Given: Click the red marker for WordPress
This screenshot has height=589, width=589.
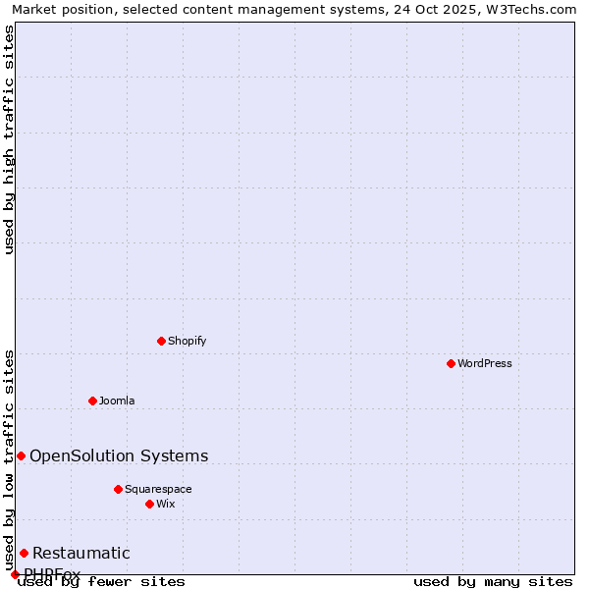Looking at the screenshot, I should point(451,363).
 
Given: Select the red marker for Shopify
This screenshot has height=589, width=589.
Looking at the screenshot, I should point(161,341).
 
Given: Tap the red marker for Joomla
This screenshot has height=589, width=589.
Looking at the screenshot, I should point(92,401).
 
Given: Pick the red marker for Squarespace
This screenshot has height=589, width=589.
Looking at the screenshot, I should point(118,489).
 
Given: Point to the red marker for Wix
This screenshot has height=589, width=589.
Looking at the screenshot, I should point(149,504).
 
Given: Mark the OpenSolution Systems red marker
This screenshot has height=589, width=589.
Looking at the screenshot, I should point(21,455).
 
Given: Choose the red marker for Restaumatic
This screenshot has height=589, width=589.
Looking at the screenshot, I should point(24,553).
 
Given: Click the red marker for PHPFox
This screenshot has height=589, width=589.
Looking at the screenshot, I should point(15,574).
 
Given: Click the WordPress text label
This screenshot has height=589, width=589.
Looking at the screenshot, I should point(485,363).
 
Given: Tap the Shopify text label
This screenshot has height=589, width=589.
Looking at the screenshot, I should point(187,341).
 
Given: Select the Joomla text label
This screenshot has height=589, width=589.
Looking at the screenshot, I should point(117,401).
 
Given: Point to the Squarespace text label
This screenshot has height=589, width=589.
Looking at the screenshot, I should point(158,489).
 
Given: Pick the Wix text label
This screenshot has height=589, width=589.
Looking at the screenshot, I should point(165,504).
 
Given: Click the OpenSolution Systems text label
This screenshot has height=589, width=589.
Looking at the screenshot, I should point(119,455).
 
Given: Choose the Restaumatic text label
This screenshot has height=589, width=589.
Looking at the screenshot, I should point(81,553).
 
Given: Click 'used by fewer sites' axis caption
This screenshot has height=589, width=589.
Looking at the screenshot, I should point(102,582).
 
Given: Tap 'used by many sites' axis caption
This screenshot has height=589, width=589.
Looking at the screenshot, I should point(493,582).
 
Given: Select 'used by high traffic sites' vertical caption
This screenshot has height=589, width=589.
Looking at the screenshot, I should point(9,139).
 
